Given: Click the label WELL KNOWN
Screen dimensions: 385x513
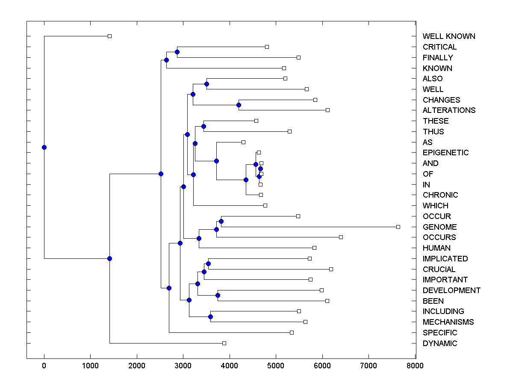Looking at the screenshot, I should pos(448,36).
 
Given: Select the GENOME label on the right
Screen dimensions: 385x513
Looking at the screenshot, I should pos(439,227).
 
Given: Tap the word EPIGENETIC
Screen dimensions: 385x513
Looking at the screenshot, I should pos(445,153).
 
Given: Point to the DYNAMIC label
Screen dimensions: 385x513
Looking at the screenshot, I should pos(439,344).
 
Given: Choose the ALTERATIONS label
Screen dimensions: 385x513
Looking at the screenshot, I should pos(449,110).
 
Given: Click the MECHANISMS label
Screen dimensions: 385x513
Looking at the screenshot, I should pos(448,322).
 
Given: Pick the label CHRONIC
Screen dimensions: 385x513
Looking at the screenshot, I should pos(440,195).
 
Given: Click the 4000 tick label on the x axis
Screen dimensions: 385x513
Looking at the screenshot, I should pos(230,366).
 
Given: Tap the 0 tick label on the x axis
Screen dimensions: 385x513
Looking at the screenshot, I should pos(44,366).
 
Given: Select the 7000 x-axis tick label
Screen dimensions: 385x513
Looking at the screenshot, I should pos(369,366).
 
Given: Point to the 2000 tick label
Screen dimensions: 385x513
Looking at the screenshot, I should pos(137,366).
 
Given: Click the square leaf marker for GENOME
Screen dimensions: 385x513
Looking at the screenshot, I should pos(398,227).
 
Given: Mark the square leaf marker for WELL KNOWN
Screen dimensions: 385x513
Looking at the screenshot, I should pos(109,36).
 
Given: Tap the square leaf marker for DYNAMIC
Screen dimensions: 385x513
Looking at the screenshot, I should pos(224,343).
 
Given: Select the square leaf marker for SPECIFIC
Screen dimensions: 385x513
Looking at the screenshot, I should pos(292,332).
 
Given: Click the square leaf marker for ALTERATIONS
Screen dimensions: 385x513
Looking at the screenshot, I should pos(327,110).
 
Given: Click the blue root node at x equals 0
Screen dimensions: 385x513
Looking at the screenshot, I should pos(44,147).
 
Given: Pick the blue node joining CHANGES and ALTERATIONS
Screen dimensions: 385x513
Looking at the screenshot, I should pos(239,105).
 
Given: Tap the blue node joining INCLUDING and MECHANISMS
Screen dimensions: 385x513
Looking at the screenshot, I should pos(210,317).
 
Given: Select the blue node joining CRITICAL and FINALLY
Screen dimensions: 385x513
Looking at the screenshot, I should pos(177,52).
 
